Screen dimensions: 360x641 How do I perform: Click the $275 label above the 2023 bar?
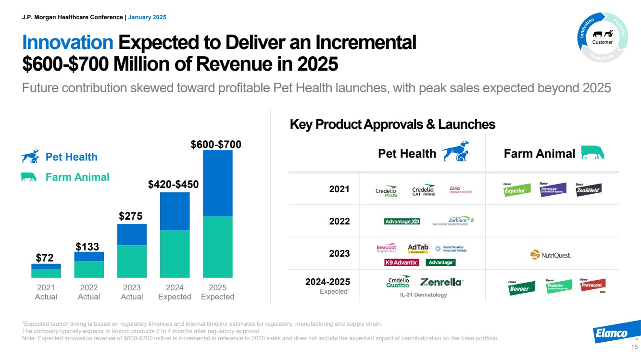(131, 216)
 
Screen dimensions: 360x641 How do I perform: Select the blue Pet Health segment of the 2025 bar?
(217, 183)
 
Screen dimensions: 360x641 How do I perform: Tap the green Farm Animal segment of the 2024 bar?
(175, 254)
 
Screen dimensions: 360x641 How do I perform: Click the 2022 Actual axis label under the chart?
(89, 292)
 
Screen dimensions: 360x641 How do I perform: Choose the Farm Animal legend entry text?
(77, 177)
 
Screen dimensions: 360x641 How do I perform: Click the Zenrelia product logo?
(441, 282)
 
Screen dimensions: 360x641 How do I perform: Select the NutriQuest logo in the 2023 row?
(550, 255)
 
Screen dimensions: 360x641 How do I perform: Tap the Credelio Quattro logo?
(399, 282)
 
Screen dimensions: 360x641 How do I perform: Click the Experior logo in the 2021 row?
(517, 190)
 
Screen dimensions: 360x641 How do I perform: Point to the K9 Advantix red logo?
(402, 262)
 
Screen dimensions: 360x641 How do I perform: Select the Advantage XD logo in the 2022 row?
(402, 222)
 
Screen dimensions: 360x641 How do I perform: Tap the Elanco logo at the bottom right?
(612, 333)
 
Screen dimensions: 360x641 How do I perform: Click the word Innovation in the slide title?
(67, 43)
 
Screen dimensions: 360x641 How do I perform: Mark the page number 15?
(633, 347)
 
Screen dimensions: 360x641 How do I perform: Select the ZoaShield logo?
(589, 190)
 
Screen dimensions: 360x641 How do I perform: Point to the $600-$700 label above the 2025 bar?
(216, 144)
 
